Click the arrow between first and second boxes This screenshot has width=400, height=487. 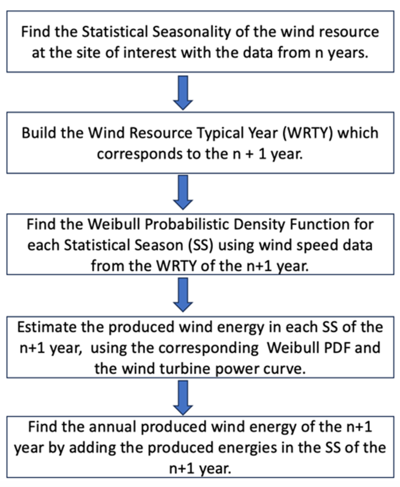[x=183, y=92]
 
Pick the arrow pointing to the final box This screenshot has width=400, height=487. [x=183, y=397]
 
